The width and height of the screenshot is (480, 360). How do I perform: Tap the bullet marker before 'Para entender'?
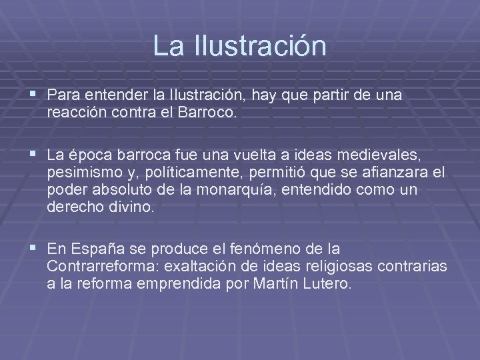click(34, 95)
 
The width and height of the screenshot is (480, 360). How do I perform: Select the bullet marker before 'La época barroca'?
click(34, 155)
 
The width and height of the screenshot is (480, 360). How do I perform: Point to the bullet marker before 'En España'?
click(34, 249)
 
